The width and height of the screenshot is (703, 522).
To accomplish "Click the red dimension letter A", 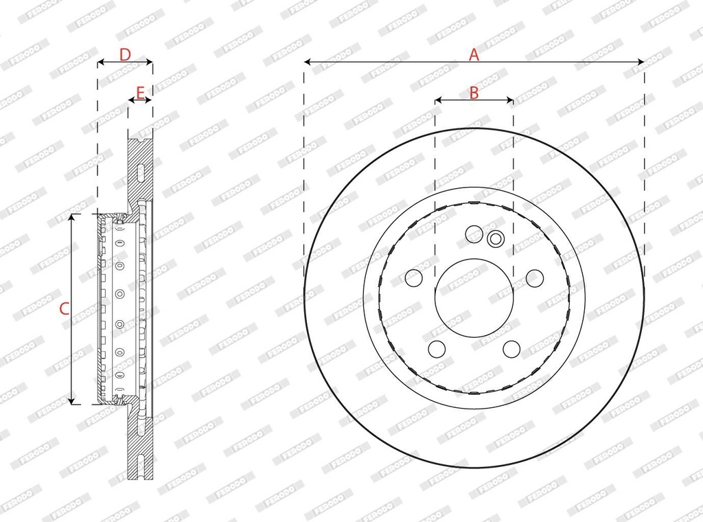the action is [x=474, y=55].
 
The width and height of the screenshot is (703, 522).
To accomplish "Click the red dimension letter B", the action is [x=474, y=93].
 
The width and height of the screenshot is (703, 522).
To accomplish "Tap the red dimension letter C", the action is [x=64, y=308].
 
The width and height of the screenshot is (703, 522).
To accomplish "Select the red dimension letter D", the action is [x=125, y=55].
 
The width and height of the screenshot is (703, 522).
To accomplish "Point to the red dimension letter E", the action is [x=140, y=93].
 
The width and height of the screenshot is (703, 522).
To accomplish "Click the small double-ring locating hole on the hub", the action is [x=496, y=238].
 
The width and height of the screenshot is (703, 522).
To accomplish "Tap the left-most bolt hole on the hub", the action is [x=414, y=278].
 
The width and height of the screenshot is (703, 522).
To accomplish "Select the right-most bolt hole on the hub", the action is [x=534, y=278].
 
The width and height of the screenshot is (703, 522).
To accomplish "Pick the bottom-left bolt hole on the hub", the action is [x=437, y=349].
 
